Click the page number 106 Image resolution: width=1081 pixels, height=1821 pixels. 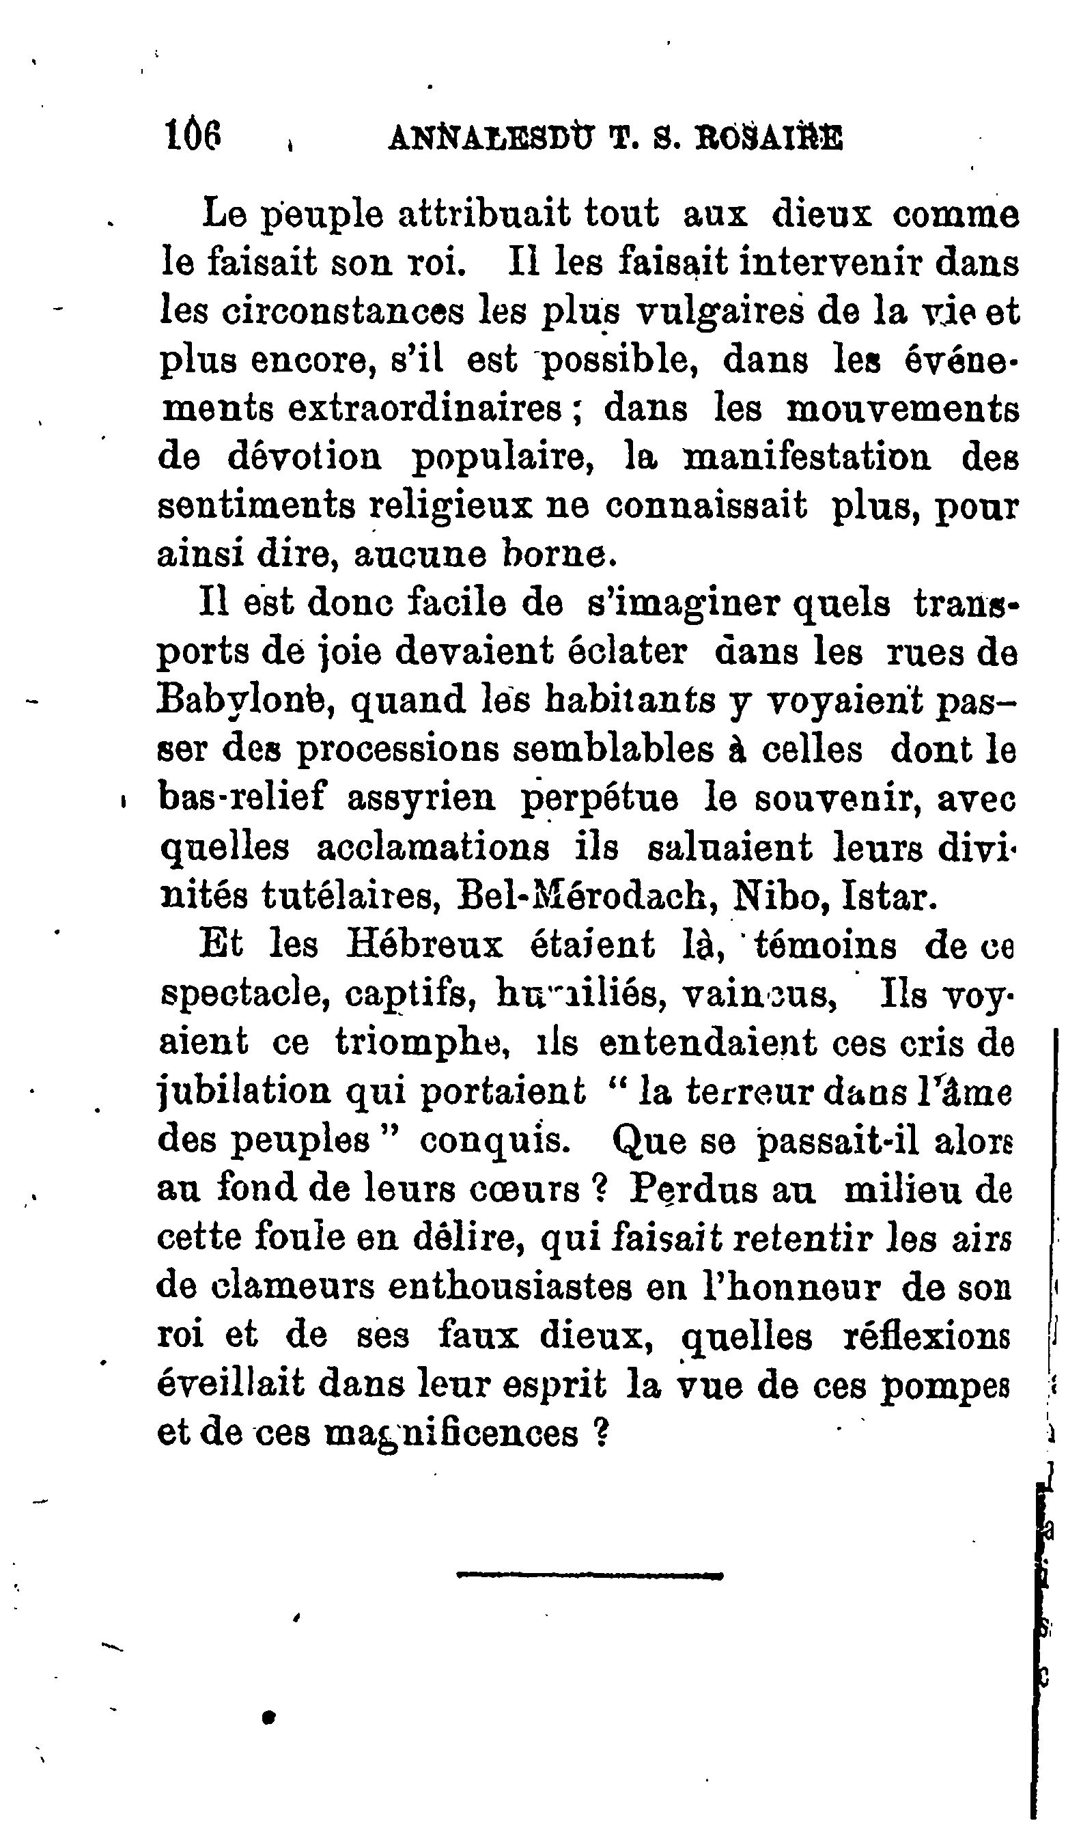click(x=193, y=135)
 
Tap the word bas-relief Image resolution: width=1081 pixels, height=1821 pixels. click(x=242, y=798)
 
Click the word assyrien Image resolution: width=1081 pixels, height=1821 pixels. click(x=421, y=799)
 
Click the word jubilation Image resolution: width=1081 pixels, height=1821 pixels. click(x=243, y=1093)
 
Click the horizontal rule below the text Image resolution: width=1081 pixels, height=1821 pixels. click(x=589, y=1576)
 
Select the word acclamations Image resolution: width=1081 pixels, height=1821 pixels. click(x=433, y=847)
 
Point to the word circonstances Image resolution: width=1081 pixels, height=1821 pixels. click(x=312, y=311)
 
